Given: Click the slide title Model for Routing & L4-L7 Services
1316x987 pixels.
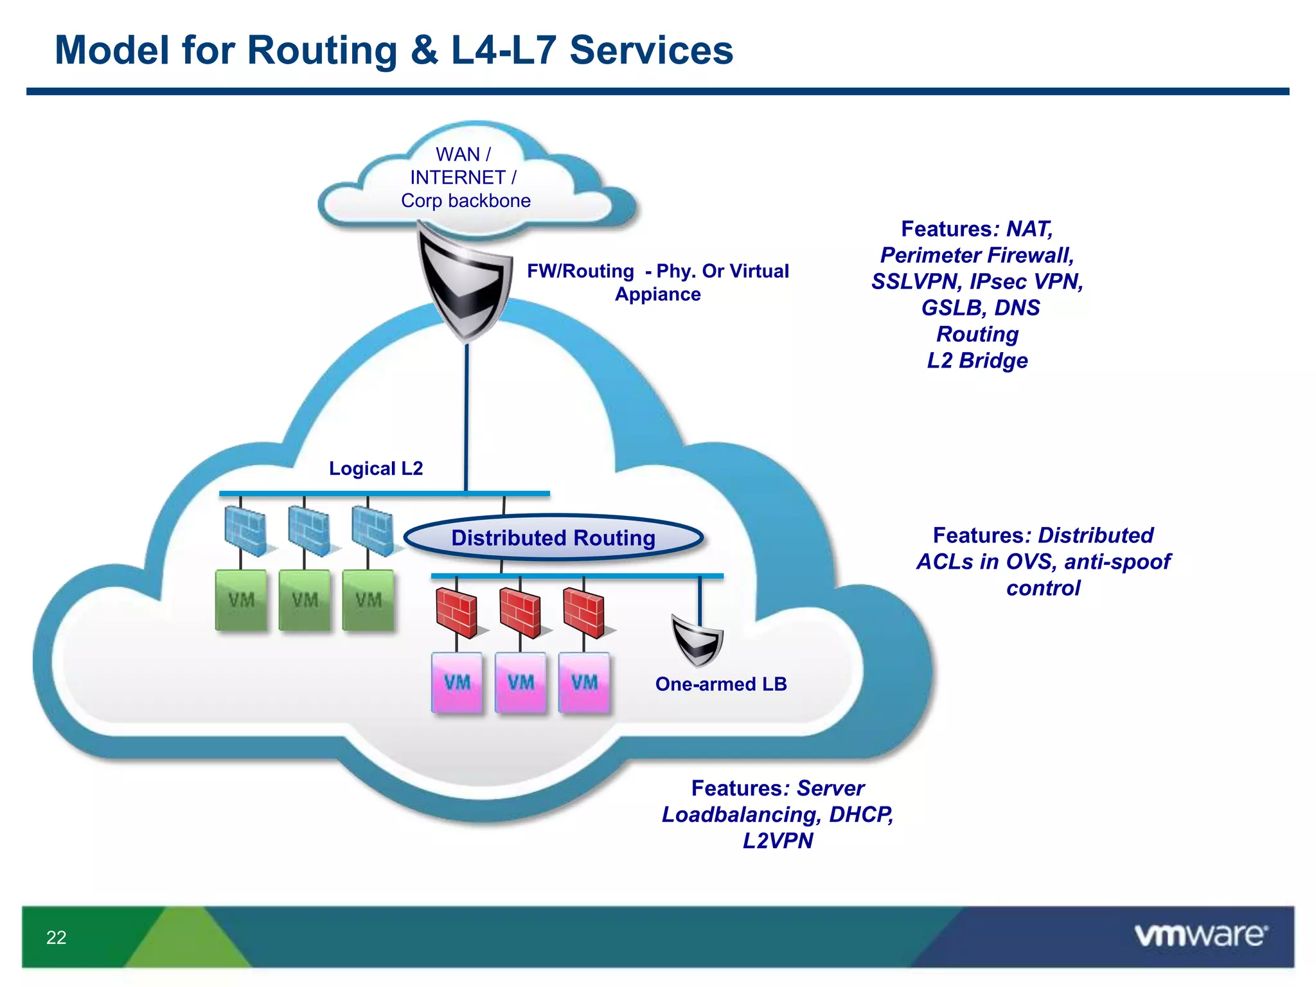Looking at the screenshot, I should [393, 50].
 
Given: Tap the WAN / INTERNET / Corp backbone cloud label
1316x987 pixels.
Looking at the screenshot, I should [465, 177].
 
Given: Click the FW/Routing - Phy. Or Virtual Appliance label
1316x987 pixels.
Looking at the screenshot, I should [657, 282].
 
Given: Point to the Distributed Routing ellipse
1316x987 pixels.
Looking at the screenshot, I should [553, 537].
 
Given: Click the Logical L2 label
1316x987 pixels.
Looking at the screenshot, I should [376, 468].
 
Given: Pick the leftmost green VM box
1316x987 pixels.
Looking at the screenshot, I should [241, 600].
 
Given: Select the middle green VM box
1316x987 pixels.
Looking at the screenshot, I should [305, 600].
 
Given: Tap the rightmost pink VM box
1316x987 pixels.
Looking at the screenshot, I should [584, 682].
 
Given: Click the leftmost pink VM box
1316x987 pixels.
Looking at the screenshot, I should [457, 682].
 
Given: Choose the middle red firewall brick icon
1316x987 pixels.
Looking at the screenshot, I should [520, 613].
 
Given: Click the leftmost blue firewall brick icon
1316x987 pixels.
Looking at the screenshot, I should [245, 531].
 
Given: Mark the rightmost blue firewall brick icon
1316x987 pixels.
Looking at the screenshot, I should [372, 531].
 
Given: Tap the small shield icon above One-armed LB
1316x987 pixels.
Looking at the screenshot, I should [697, 640].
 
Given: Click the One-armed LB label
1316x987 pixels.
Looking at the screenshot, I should [721, 684].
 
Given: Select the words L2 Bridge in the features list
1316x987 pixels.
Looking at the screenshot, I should [977, 360].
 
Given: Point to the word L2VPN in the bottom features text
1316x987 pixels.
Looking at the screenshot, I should [778, 840].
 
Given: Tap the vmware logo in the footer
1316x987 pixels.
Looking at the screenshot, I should [1200, 935].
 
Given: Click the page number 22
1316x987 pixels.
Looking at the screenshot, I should [57, 938].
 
